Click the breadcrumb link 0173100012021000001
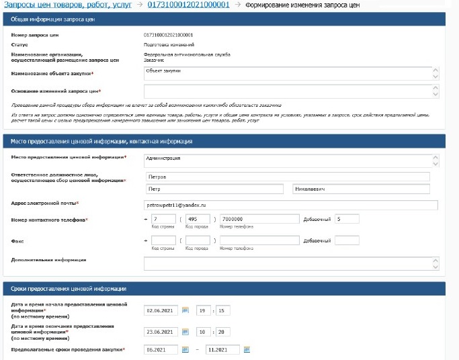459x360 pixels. (188, 5)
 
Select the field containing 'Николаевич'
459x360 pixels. (361, 189)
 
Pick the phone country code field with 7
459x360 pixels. (163, 220)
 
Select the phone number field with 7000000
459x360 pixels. (258, 220)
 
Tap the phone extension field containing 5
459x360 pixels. (346, 220)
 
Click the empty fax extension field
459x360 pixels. (346, 240)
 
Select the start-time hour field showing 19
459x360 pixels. (203, 311)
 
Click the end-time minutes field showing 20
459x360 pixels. (223, 332)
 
